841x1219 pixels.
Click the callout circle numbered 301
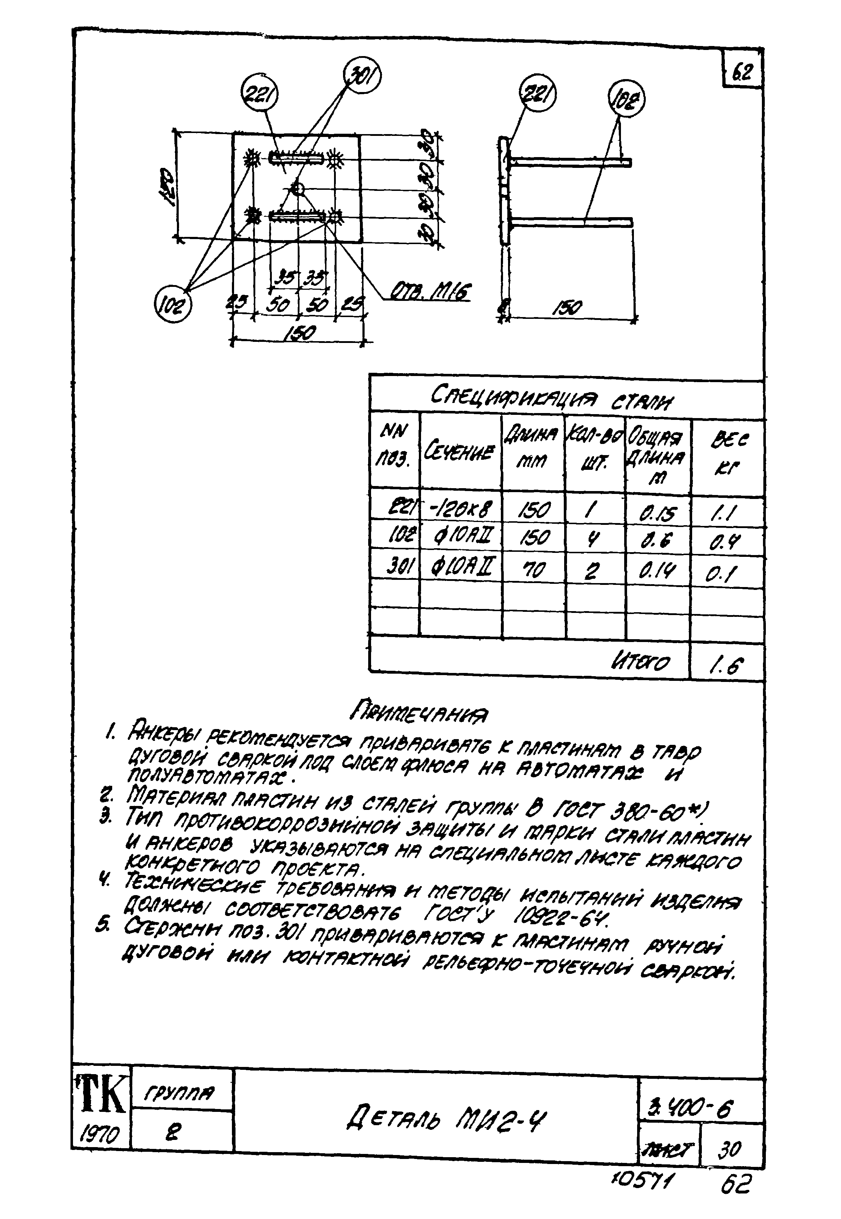tap(362, 75)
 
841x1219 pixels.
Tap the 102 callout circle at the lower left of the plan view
tap(173, 304)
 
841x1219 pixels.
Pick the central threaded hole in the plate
tap(298, 188)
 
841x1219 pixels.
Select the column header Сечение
tap(461, 452)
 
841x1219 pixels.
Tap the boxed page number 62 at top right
tap(742, 72)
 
